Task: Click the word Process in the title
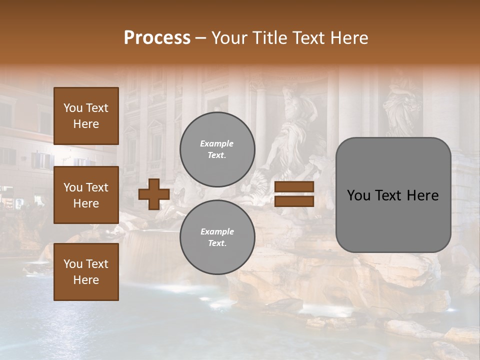[157, 38]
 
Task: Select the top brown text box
[86, 116]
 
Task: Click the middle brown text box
[86, 195]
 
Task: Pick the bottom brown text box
[86, 272]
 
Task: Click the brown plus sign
[154, 194]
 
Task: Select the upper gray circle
[217, 149]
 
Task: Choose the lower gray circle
[217, 237]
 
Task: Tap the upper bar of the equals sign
[294, 187]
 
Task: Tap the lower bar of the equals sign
[294, 201]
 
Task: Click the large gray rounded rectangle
[393, 195]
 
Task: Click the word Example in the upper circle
[217, 143]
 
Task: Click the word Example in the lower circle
[217, 231]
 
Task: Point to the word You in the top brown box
[73, 108]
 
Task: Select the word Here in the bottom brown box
[86, 280]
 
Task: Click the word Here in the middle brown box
[86, 203]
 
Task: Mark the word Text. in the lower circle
[217, 243]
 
